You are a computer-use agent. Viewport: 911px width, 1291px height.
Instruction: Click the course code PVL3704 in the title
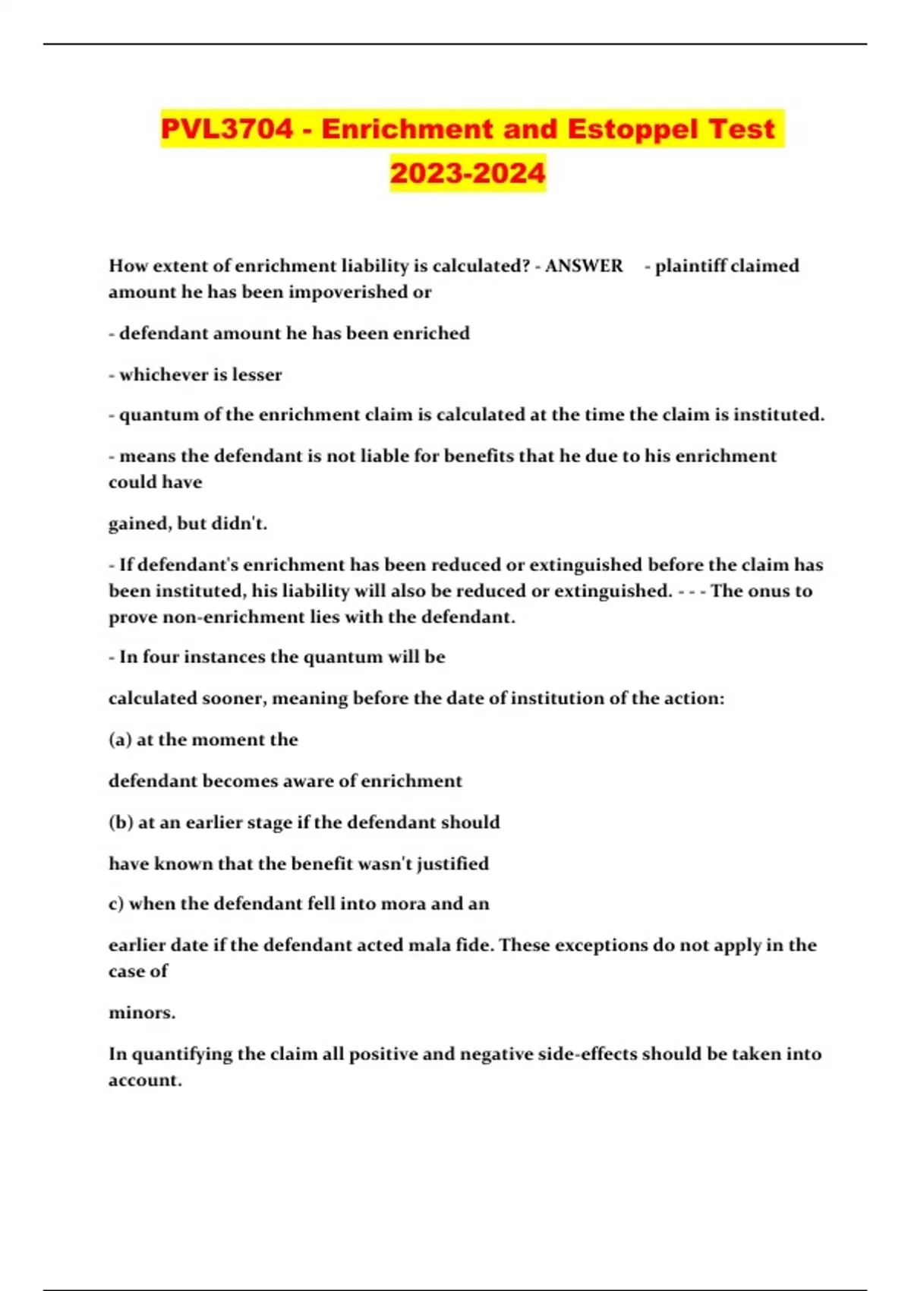pos(226,129)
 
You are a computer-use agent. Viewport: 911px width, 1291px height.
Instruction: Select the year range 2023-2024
pos(468,172)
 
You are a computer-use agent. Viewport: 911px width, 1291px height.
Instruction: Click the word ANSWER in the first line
pos(584,266)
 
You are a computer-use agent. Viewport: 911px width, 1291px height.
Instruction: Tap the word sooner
pos(233,699)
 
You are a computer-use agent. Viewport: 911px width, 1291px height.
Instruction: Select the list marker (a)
pos(120,740)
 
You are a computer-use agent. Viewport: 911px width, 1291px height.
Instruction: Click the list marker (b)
pos(121,822)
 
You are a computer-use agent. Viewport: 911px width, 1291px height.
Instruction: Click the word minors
pos(141,1013)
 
